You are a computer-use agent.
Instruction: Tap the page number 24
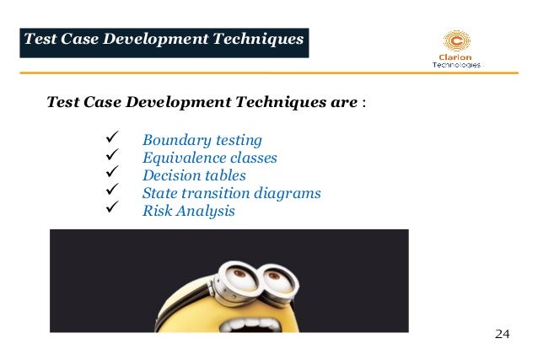tap(502, 335)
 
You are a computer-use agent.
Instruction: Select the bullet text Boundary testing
tap(202, 140)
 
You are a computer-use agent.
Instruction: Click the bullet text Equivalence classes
tap(209, 158)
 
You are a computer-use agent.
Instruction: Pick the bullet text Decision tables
tap(194, 175)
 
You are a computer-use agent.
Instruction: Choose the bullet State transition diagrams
tap(231, 193)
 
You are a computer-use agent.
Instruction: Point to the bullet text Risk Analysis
tap(188, 211)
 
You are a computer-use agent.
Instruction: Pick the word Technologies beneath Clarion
tap(456, 65)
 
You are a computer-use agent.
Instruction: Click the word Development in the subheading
tap(173, 104)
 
